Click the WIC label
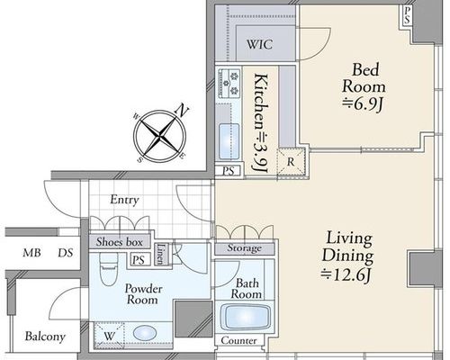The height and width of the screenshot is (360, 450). point(260,44)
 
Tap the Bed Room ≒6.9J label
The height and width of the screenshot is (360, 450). point(364,87)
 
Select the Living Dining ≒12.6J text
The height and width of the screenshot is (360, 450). point(347,256)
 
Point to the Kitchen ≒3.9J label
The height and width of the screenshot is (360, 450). point(260,123)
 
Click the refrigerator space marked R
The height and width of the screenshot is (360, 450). point(291,162)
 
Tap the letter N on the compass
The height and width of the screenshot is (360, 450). point(181,110)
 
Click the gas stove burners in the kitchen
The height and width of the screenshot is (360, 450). point(229,83)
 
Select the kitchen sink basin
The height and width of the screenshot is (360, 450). point(229,141)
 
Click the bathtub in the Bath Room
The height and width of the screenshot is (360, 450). point(245,317)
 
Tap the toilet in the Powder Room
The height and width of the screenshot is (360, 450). point(108,269)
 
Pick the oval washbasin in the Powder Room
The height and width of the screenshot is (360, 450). point(145,333)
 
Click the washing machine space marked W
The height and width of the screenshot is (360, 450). point(109,336)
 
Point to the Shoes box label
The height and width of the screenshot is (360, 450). point(120,242)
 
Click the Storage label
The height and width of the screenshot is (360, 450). point(244,248)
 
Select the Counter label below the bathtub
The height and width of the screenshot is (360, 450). point(238,340)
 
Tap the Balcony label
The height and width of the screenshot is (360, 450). point(45,337)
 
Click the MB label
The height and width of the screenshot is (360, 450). point(31,253)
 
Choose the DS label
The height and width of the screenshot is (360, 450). point(66,253)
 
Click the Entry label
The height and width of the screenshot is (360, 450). point(124,200)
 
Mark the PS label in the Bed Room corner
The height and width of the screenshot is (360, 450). point(407,15)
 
